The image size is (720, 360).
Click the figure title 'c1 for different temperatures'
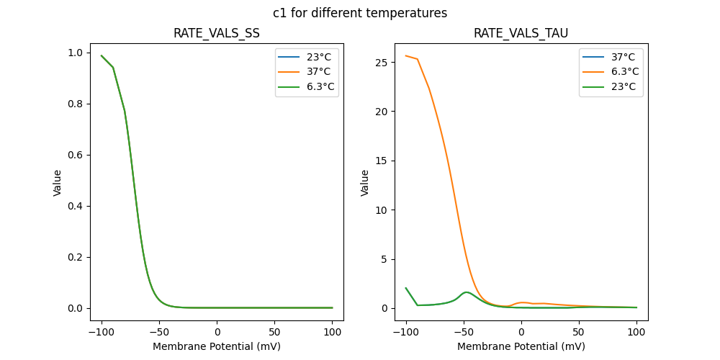pos(360,13)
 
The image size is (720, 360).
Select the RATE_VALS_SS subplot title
pos(217,34)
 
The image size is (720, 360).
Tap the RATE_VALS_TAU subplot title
pos(521,34)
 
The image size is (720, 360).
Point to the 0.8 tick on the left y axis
pos(76,104)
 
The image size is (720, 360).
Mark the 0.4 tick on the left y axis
pos(76,206)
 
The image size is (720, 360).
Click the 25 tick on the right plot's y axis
pos(383,63)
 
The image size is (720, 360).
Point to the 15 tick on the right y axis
pos(383,161)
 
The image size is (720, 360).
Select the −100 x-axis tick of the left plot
pos(102,332)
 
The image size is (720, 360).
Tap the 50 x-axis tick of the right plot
pos(579,332)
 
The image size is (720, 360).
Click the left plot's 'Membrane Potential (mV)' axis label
pos(217,346)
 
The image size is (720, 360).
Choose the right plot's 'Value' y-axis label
pos(365,183)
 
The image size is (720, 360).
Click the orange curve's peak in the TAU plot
pos(406,55)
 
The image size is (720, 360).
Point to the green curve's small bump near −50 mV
pos(467,292)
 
